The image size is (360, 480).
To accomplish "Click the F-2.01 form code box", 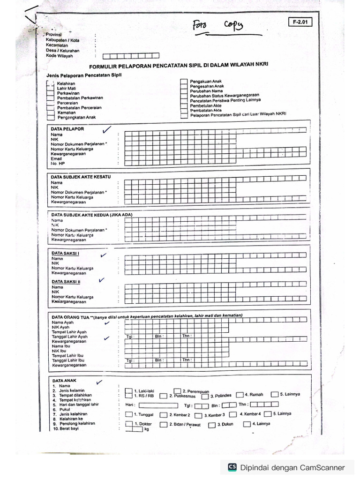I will click(x=300, y=22).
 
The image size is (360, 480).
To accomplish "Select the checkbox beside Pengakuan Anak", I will click(x=184, y=81).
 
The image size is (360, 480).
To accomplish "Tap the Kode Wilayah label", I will click(x=60, y=56).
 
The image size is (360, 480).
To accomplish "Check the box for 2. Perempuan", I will click(x=177, y=390).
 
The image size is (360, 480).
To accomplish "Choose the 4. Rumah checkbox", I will click(x=240, y=395).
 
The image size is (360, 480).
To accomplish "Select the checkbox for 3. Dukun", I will click(x=212, y=425).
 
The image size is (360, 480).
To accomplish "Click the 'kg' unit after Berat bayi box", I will click(x=147, y=429).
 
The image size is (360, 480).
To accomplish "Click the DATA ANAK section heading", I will click(x=64, y=381).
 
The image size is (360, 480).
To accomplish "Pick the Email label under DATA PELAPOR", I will click(x=57, y=158).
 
